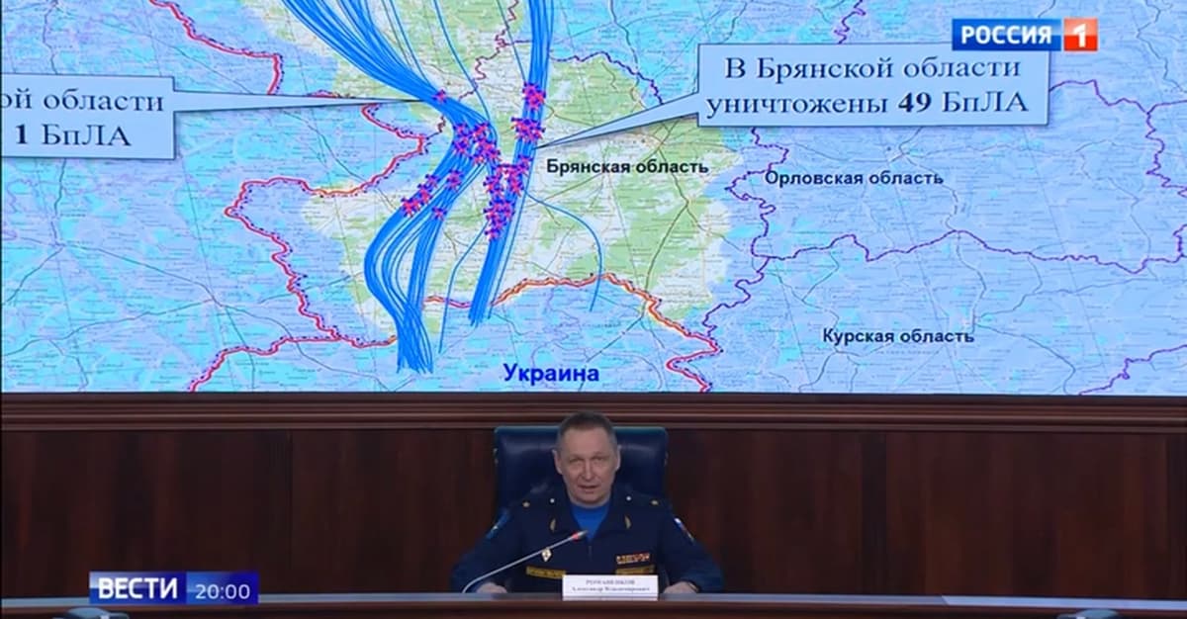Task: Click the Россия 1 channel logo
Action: coord(1024,35)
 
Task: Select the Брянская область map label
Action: coord(627,167)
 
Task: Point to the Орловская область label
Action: coord(853,178)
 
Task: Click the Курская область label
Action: coord(897,336)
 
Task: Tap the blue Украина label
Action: coord(551,373)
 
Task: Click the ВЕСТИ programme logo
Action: coord(137,590)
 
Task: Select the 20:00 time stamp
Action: coord(222,590)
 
